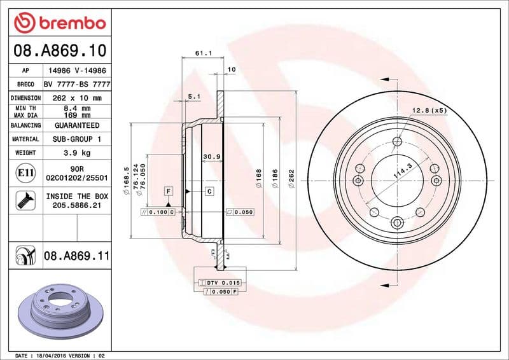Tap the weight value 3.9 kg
[76, 153]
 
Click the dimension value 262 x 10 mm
[76, 99]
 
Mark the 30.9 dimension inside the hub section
[211, 156]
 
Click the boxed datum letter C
[209, 191]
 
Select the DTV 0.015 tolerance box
[220, 282]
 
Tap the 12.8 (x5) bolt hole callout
[429, 111]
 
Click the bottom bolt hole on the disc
[398, 222]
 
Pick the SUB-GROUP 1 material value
[76, 139]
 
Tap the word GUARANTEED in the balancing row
[76, 125]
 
